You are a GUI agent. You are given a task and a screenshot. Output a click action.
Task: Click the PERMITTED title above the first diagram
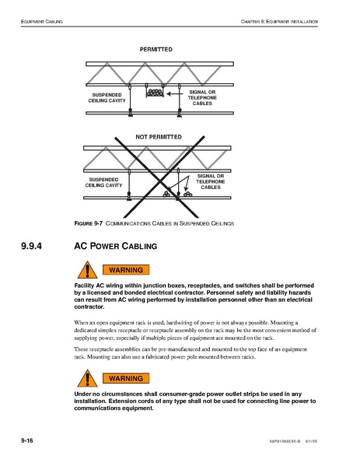coord(156,49)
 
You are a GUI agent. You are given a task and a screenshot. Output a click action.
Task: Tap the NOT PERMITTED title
coord(159,137)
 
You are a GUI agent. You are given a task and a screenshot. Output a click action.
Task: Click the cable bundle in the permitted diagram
coord(155,93)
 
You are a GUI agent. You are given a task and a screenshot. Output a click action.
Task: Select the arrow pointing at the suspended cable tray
coord(175,93)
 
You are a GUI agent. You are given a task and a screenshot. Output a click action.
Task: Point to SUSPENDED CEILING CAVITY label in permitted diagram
coord(107,98)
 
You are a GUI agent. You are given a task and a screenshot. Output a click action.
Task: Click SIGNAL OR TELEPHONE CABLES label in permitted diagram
coord(202,98)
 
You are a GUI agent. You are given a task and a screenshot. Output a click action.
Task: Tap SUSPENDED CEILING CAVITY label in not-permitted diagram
coord(103,183)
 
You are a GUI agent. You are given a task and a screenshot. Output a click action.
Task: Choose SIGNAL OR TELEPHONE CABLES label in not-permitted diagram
coord(211,181)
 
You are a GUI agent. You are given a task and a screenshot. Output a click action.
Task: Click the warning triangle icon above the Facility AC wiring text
coord(87,271)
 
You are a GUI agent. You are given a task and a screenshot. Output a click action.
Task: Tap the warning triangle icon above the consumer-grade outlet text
coord(87,380)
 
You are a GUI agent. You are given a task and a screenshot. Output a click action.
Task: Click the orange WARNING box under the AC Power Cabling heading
coord(126,270)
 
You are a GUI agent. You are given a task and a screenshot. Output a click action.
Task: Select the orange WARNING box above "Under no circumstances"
coord(126,378)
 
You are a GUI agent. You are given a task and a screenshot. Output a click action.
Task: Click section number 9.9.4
coord(31,246)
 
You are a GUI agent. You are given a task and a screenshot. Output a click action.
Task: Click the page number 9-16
coord(27,440)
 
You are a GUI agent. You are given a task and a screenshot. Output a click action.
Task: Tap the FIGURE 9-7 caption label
coord(88,223)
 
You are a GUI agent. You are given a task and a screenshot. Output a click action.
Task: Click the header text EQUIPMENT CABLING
coord(42,22)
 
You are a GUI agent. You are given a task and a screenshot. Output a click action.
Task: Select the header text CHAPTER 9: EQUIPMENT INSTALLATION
coord(279,22)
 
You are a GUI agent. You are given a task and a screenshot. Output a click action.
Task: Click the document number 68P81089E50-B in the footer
coord(285,441)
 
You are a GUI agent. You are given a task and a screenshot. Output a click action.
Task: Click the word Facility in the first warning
coord(84,286)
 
